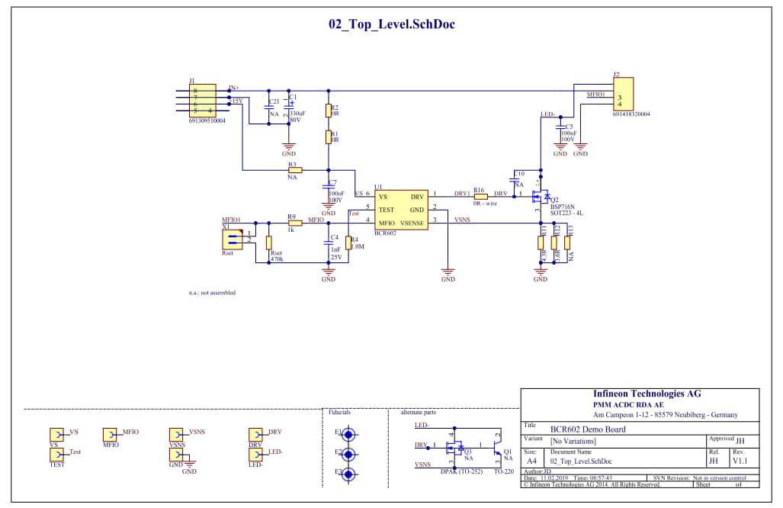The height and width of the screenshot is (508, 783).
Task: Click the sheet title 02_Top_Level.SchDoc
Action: [x=391, y=24]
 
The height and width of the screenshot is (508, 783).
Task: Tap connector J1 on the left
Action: [x=202, y=101]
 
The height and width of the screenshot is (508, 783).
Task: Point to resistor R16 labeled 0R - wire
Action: [x=480, y=196]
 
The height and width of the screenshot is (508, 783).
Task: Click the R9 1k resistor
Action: [x=294, y=223]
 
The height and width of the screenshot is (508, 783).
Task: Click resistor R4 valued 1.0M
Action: [x=348, y=243]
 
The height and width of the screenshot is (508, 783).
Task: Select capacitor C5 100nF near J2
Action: [x=560, y=127]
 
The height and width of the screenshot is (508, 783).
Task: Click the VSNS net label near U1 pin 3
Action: [x=462, y=220]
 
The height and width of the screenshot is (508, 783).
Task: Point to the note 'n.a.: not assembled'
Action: [x=212, y=293]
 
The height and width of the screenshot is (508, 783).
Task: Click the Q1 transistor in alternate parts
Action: [x=498, y=444]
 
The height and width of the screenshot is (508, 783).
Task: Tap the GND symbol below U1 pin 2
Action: [x=448, y=272]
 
